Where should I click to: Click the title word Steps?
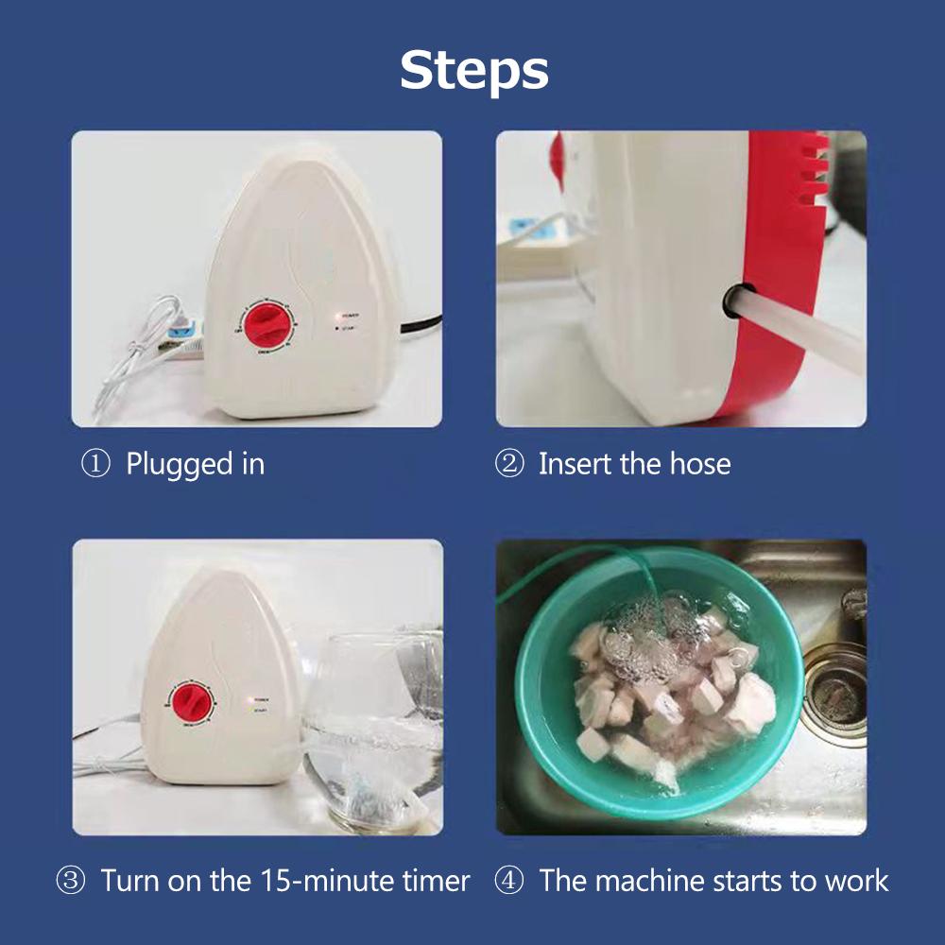click(473, 70)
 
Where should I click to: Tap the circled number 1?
click(95, 465)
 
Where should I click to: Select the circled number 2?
click(509, 465)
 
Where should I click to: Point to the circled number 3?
click(71, 882)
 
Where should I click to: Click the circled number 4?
click(509, 882)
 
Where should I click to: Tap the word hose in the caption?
click(699, 465)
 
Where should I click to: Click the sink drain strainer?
click(833, 698)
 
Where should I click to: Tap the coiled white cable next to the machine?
click(142, 359)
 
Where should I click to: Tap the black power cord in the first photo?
click(421, 329)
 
